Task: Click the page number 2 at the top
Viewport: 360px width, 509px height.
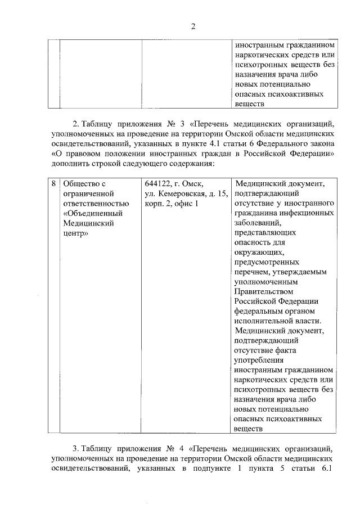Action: (x=192, y=25)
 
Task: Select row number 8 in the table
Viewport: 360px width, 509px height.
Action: (x=53, y=184)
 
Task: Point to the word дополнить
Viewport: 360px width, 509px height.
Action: (x=72, y=163)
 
